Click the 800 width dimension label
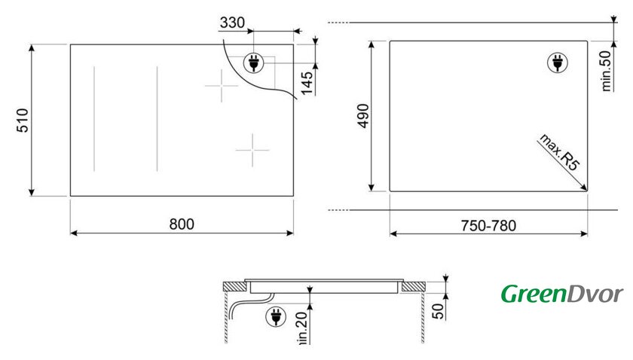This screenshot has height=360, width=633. (182, 224)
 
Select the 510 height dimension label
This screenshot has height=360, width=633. (23, 121)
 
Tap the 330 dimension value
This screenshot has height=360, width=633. (232, 23)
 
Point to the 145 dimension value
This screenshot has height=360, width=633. (307, 83)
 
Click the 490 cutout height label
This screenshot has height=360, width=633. (363, 116)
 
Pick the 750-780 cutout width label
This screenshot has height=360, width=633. (488, 226)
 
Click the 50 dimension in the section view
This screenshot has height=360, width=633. (438, 311)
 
